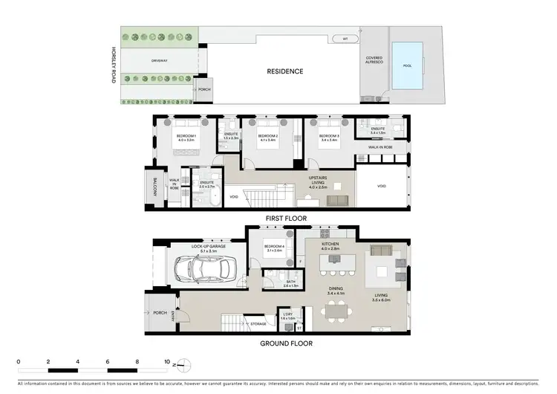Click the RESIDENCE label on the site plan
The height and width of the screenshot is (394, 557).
(x=285, y=71)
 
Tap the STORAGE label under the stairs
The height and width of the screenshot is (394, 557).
(x=258, y=324)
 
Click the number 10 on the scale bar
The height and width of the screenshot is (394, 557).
(x=168, y=362)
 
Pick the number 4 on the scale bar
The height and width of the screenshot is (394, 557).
(x=78, y=362)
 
